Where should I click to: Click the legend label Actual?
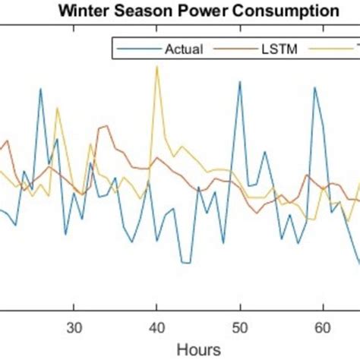184,49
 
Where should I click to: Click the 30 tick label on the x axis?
74,329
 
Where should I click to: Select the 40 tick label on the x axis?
156,329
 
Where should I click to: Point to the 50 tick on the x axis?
240,329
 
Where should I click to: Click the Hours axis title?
198,349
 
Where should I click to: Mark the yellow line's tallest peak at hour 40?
156,66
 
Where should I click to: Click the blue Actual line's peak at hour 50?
240,81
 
